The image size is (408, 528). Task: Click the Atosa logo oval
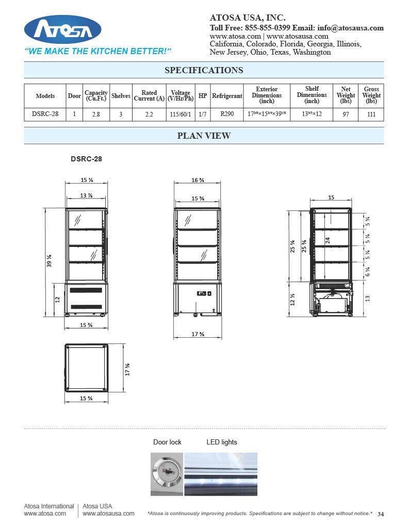point(62,29)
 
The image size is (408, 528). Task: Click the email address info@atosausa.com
point(350,28)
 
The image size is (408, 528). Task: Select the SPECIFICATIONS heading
point(204,70)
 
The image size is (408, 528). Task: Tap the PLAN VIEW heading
point(204,136)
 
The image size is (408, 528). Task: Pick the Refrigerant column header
point(227,95)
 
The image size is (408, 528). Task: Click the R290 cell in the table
point(227,114)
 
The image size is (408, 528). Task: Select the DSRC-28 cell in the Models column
point(45,114)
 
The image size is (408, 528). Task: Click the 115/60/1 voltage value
point(180,114)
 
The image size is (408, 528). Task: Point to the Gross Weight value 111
point(371,114)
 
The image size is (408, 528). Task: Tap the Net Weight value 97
point(346,114)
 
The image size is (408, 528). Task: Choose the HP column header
point(203,95)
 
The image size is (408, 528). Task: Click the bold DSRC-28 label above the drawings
point(86,159)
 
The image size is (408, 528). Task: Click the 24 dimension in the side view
point(328,240)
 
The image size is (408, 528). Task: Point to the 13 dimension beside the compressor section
point(367,299)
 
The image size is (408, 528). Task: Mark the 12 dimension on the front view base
point(57,300)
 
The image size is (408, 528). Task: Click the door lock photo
point(167,474)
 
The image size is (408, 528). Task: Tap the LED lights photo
point(221,474)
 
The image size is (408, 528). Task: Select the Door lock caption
point(167,442)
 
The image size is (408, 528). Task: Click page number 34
point(381,514)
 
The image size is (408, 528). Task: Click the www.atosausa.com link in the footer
point(108,514)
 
